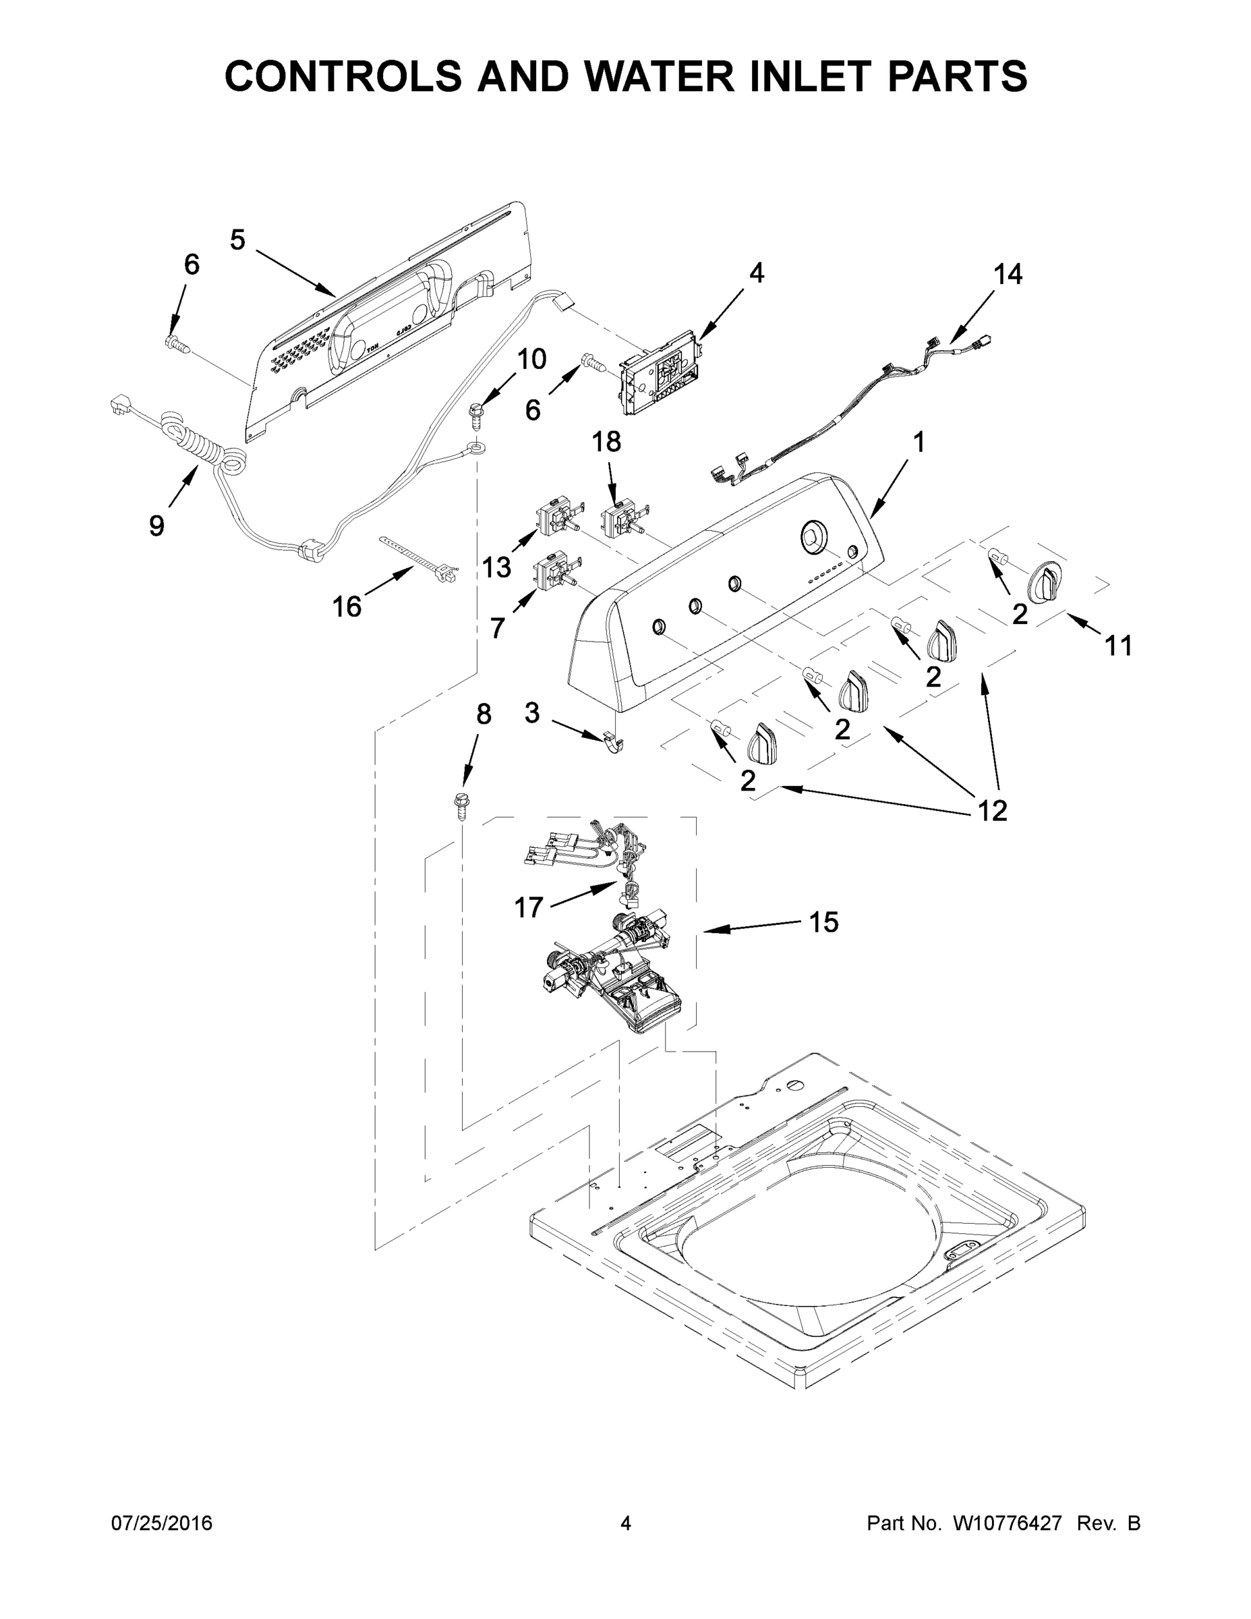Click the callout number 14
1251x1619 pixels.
tap(1008, 275)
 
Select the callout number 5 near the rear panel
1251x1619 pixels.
tap(237, 239)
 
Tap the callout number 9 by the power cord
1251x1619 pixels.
tap(156, 526)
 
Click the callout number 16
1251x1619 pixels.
tap(346, 607)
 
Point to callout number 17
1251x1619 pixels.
tap(529, 907)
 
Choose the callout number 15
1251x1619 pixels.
tap(823, 922)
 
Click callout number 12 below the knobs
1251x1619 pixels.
tap(992, 811)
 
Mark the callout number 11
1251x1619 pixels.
tap(1118, 646)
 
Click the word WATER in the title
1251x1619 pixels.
tap(647, 76)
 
